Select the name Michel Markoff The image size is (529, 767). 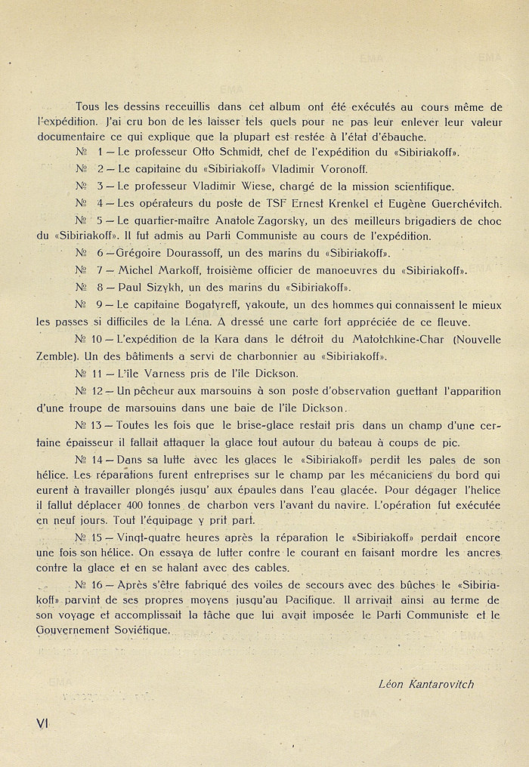[x=163, y=270]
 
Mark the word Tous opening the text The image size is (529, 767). [x=89, y=106]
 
